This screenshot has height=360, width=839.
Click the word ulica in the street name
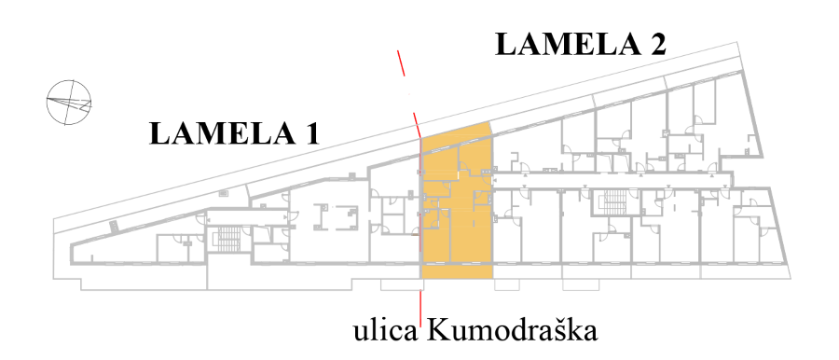(385, 332)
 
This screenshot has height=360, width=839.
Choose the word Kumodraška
(511, 332)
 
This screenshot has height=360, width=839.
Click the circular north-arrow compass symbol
(68, 103)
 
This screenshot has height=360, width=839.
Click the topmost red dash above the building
(401, 62)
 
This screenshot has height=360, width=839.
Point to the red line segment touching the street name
(421, 309)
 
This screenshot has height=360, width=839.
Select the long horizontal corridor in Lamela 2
(611, 181)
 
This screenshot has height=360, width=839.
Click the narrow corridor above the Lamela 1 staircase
(244, 215)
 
